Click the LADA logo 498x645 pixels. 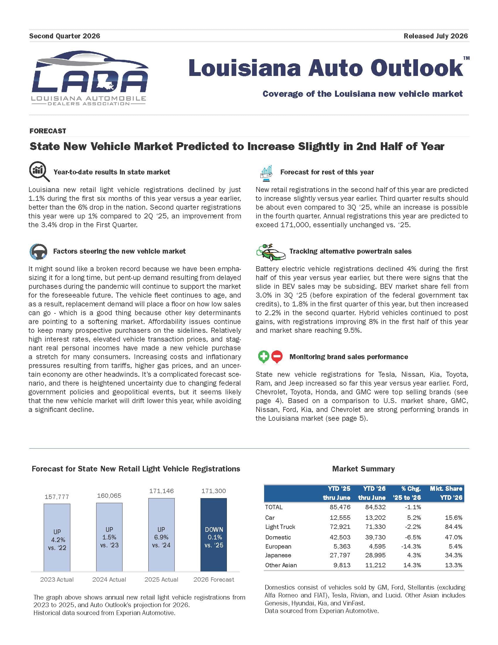89,78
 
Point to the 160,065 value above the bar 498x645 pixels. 109,495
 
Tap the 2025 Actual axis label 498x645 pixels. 161,579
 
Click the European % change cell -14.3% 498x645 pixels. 411,546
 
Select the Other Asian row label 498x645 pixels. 281,565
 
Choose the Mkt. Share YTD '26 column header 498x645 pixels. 446,493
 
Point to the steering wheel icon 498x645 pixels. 38,251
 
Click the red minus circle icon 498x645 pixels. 277,357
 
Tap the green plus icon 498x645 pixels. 264,357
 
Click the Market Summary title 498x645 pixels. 363,469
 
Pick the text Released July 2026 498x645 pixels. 436,36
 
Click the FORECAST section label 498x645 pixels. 47,131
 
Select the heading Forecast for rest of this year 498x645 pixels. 327,172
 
